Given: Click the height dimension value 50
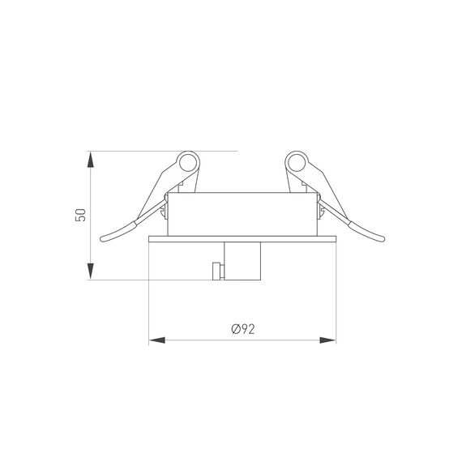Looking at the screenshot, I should (79, 215).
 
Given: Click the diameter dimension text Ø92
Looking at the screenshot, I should (243, 329).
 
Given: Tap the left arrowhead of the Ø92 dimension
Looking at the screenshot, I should (155, 339).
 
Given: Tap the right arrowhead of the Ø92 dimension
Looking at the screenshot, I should (331, 339).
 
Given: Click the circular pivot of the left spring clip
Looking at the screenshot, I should (190, 163).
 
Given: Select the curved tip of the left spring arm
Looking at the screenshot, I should (105, 238).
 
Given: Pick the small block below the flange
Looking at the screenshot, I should (242, 260).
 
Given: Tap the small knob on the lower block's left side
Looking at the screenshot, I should (215, 270).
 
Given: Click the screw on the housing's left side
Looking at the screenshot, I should (165, 212).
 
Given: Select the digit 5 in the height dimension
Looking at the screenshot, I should (79, 220).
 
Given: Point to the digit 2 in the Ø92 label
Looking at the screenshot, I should (252, 329).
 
